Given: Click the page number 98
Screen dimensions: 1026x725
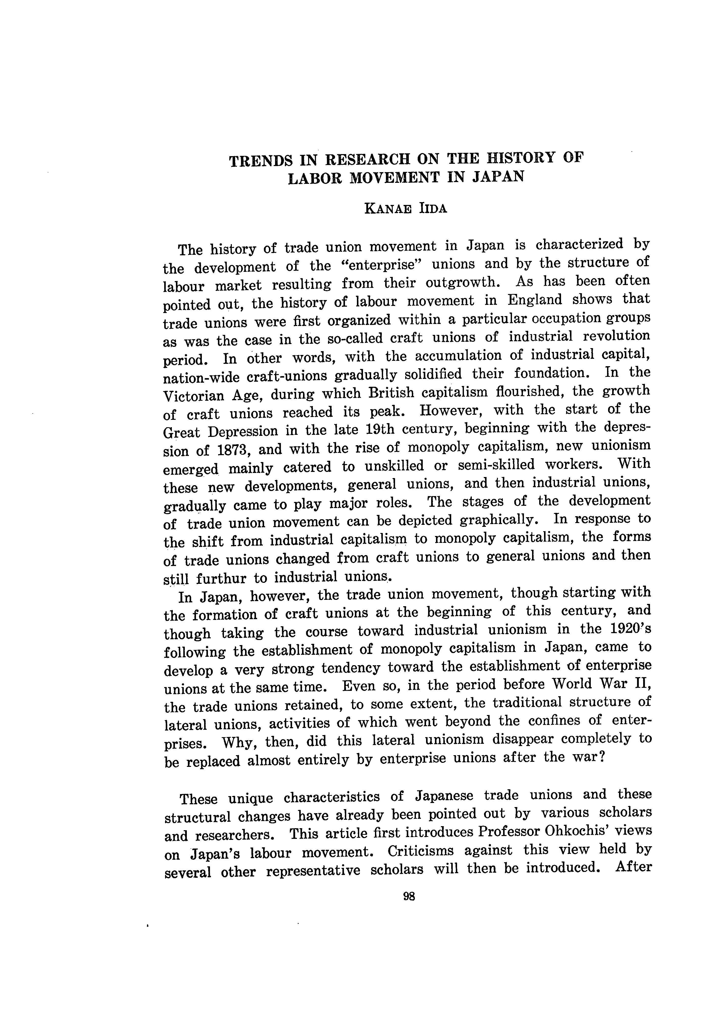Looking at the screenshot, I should (x=409, y=896).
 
